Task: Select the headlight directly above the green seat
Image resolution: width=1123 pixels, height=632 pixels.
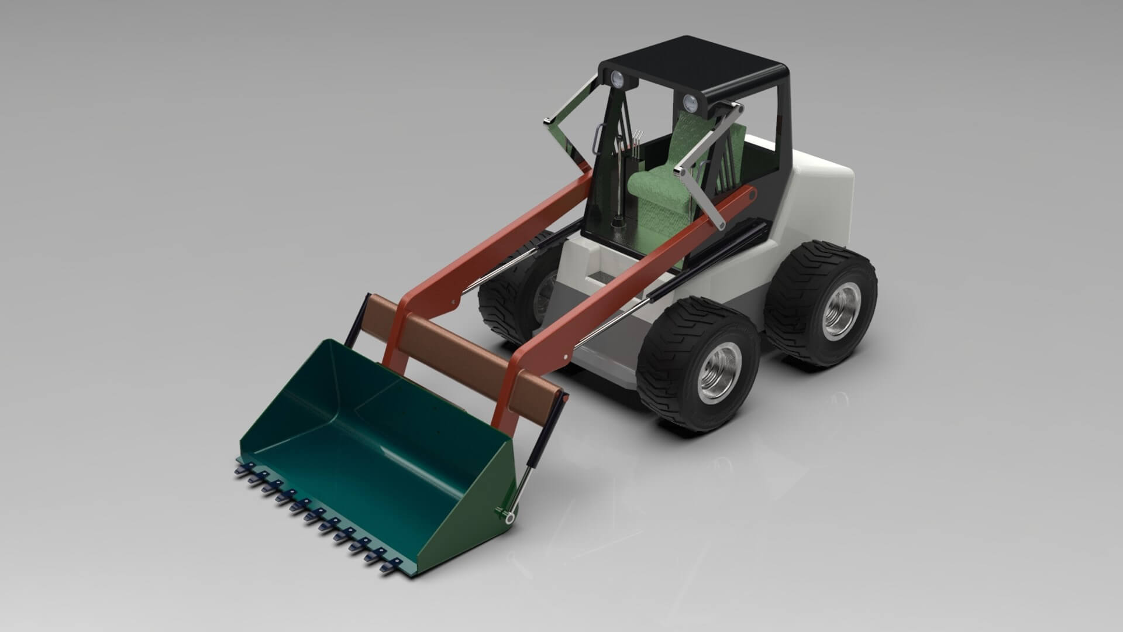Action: [x=690, y=104]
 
